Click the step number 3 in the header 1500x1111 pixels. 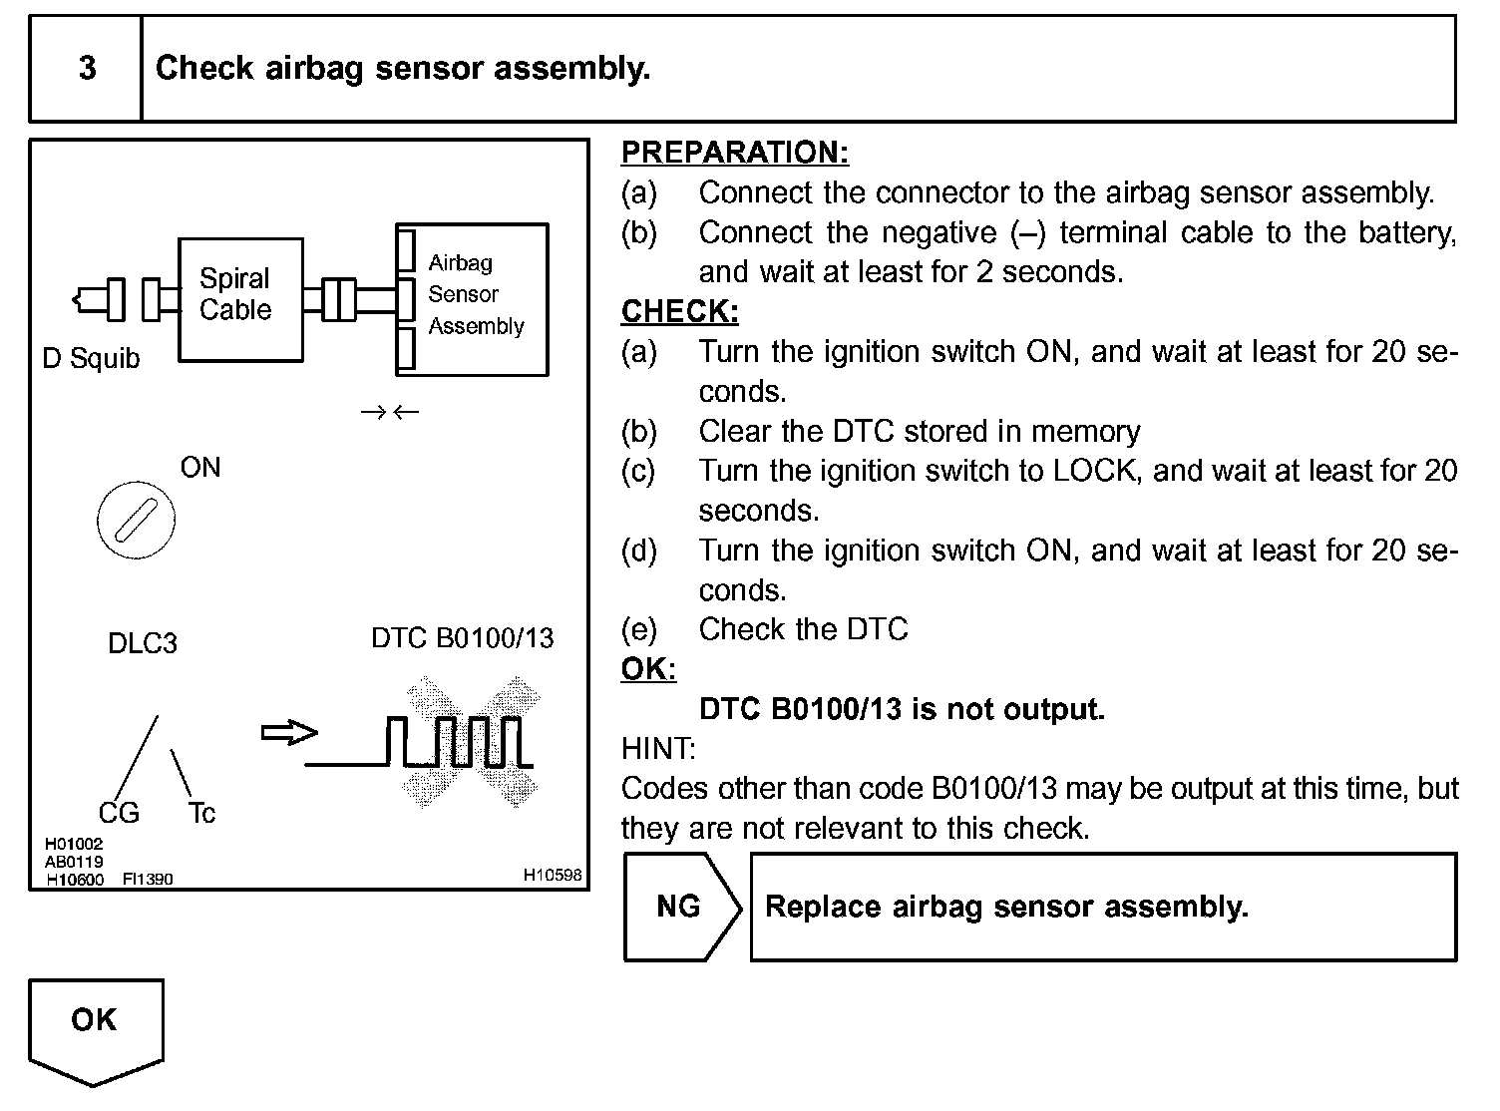coord(88,68)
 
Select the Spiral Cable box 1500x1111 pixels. coord(239,298)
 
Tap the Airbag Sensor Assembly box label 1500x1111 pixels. coord(475,294)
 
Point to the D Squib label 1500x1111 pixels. coord(91,358)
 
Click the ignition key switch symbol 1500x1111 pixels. coord(137,521)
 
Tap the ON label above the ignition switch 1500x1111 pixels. coord(199,468)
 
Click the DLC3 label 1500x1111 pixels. coord(143,643)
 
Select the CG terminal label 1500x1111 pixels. coord(119,814)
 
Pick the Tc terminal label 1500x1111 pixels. coord(201,814)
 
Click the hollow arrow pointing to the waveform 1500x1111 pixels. coord(288,733)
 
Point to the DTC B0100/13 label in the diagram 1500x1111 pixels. coord(462,638)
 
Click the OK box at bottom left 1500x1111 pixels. coord(95,1021)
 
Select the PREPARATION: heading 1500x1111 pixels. coord(735,153)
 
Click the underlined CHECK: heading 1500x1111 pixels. coord(679,312)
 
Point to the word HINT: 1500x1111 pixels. coord(658,749)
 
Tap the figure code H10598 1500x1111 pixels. coord(553,875)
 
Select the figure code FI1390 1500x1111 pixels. coord(148,880)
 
